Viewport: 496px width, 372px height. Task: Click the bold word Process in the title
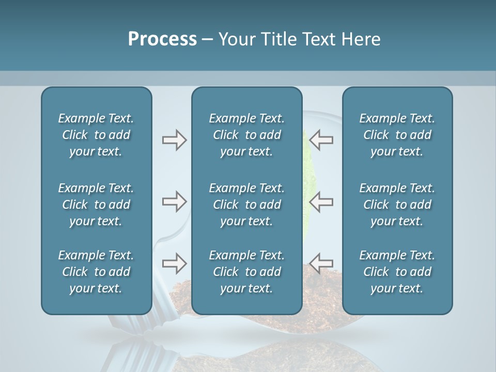pos(162,39)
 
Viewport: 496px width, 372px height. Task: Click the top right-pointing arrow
pos(174,140)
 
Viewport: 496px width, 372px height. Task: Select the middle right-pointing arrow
pos(174,202)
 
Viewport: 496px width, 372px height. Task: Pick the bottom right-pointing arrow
pos(174,263)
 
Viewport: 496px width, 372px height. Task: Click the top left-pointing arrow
pos(321,140)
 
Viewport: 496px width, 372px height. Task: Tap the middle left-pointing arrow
pos(321,202)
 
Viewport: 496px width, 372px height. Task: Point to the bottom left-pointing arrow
pos(321,263)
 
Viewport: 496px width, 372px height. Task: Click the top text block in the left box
pos(96,135)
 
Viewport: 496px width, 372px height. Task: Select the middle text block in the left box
pos(96,205)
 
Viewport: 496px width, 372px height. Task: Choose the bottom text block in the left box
pos(96,272)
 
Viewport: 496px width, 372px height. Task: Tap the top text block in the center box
pos(246,135)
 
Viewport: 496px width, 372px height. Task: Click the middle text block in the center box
pos(246,205)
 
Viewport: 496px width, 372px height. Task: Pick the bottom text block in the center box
pos(246,272)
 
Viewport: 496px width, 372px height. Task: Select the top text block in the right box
pos(397,135)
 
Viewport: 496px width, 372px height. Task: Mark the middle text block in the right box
pos(397,205)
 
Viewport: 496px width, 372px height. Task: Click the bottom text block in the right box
pos(397,272)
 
